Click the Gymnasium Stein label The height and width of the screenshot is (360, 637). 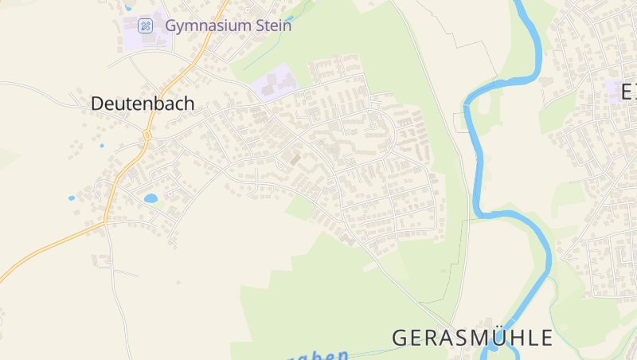point(228,25)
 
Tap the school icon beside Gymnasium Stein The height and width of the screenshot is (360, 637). point(145,25)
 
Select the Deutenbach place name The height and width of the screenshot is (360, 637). point(143,104)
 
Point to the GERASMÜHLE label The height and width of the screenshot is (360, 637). point(472,337)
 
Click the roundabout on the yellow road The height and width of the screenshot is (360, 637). point(147,135)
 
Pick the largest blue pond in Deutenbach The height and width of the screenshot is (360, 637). point(150,198)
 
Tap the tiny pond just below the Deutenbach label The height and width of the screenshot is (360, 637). point(102,147)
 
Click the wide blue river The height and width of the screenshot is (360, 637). point(478,159)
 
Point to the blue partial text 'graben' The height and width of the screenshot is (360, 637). point(318,355)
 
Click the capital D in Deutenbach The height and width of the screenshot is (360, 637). point(97,104)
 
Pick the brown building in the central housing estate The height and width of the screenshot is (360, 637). point(295,158)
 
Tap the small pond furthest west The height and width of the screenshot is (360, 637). point(72,198)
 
